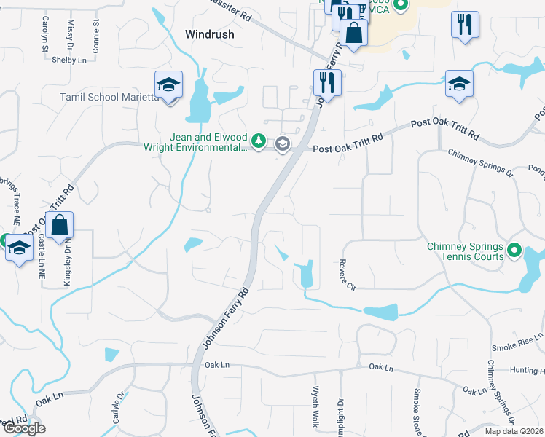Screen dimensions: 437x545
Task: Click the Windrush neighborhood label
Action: click(x=209, y=34)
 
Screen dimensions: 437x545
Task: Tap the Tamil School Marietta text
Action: click(x=109, y=98)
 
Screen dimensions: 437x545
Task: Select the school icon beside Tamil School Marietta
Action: click(x=168, y=86)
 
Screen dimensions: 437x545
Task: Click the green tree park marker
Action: click(x=258, y=140)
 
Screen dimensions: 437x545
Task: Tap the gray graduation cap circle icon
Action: click(x=283, y=145)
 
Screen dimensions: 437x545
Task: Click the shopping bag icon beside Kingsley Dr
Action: click(x=60, y=224)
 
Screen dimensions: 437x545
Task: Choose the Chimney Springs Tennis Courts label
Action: click(x=465, y=251)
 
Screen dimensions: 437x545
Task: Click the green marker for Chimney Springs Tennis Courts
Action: click(x=514, y=251)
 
